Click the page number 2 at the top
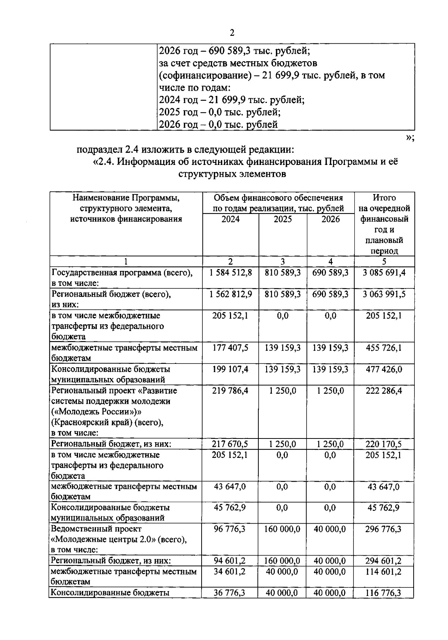point(232,33)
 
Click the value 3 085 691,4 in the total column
point(384,273)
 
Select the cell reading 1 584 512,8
point(230,273)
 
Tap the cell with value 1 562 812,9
point(230,294)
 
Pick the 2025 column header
point(283,219)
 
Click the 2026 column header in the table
point(330,219)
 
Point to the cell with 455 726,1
point(384,348)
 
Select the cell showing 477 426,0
point(384,369)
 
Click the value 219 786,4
point(230,391)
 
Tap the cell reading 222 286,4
point(384,391)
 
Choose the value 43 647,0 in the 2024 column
point(230,487)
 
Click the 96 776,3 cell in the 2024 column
point(230,529)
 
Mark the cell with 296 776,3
point(384,529)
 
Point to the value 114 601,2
point(384,572)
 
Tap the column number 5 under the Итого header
point(384,262)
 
